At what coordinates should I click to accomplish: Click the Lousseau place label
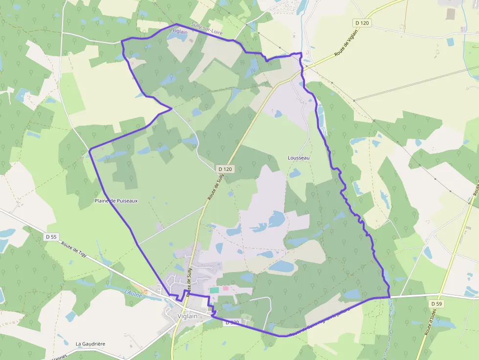pyautogui.click(x=299, y=158)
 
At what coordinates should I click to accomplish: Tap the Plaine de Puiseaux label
pyautogui.click(x=116, y=201)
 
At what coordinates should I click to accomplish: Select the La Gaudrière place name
pyautogui.click(x=90, y=344)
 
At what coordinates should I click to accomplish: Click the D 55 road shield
pyautogui.click(x=51, y=237)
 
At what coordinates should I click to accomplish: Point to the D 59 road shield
pyautogui.click(x=437, y=304)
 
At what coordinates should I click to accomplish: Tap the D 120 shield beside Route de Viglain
pyautogui.click(x=362, y=22)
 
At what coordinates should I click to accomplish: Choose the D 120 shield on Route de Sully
pyautogui.click(x=226, y=169)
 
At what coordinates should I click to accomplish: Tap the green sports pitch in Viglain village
pyautogui.click(x=214, y=290)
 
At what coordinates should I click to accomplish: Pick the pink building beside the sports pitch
pyautogui.click(x=226, y=289)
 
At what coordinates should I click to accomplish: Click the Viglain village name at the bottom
pyautogui.click(x=188, y=316)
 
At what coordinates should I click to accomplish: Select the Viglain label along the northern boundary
pyautogui.click(x=180, y=32)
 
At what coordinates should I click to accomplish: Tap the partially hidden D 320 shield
pyautogui.click(x=232, y=323)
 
